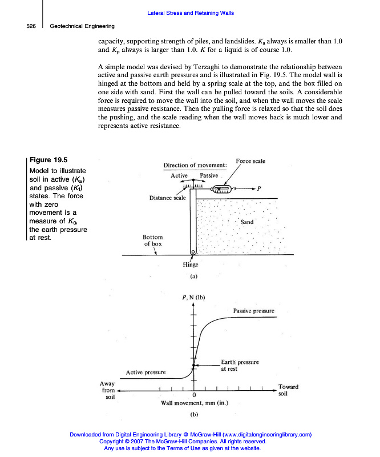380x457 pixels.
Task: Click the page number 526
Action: (x=31, y=26)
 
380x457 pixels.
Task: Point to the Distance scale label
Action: (x=167, y=198)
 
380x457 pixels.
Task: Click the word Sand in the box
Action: (x=247, y=222)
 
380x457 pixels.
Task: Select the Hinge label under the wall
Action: (x=191, y=264)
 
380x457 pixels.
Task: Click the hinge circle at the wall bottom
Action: (x=193, y=251)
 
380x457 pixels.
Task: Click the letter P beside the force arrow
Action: (x=259, y=188)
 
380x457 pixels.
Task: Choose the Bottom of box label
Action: (x=152, y=240)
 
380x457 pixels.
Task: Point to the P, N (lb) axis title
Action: (x=193, y=297)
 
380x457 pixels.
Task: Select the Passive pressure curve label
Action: (x=254, y=311)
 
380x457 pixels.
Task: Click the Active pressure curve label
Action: (x=145, y=372)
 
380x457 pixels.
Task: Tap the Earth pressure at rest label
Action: (x=240, y=366)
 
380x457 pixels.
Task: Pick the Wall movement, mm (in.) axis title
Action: (x=195, y=403)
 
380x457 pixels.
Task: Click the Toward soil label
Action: (x=288, y=390)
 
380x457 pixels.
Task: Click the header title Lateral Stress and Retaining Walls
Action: (x=190, y=13)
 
